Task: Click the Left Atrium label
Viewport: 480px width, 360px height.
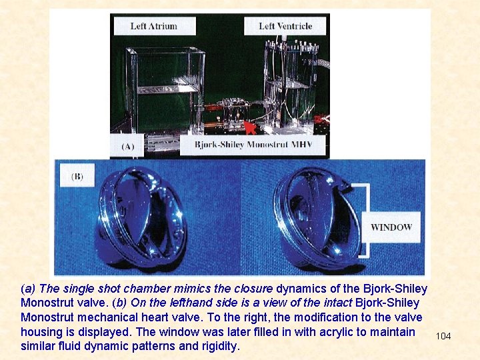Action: [x=155, y=26]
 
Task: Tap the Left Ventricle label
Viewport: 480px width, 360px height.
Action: [x=285, y=26]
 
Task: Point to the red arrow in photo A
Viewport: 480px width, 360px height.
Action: [x=251, y=127]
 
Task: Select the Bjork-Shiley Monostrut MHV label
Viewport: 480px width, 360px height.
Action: [x=253, y=145]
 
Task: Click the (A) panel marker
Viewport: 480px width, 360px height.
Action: [x=127, y=146]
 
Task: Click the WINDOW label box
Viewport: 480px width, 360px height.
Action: [x=391, y=227]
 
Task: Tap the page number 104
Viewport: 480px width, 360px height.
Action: [x=443, y=336]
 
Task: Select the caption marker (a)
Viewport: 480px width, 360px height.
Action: [x=28, y=289]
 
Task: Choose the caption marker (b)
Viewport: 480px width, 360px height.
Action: [x=119, y=303]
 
